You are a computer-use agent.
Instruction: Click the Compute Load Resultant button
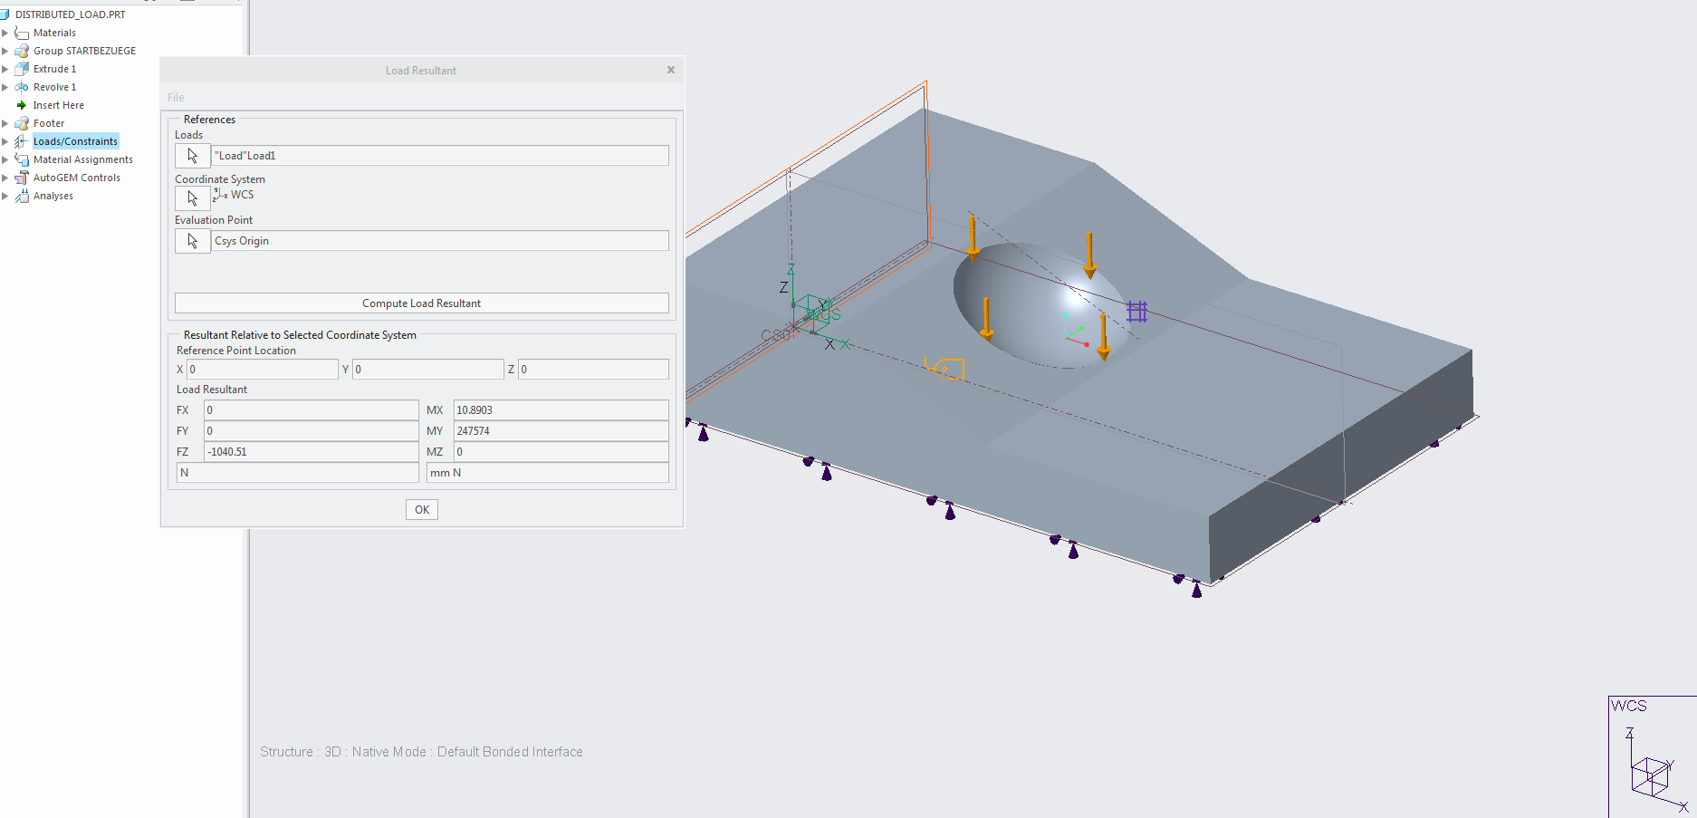(422, 303)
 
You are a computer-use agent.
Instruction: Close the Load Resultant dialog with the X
(671, 70)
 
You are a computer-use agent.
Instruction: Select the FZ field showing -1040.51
(311, 452)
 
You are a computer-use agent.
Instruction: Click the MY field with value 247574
(561, 431)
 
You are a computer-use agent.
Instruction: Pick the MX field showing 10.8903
(561, 410)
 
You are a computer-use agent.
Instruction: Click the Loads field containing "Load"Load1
(440, 156)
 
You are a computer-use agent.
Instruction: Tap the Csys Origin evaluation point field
(440, 241)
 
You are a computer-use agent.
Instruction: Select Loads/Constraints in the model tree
(75, 141)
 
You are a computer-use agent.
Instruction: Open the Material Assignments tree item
(83, 159)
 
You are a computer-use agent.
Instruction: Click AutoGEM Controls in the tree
(77, 178)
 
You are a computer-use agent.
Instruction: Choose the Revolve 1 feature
(54, 87)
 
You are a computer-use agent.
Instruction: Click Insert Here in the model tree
(59, 105)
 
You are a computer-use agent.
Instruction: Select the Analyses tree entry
(53, 196)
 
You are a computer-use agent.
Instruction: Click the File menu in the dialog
(176, 97)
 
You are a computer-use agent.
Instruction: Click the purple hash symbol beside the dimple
(1137, 312)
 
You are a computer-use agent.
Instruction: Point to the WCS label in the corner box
(1628, 706)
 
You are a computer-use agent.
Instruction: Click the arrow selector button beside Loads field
(192, 156)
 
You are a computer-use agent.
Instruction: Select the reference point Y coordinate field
(427, 370)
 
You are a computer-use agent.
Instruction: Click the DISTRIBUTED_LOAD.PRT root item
(71, 14)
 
